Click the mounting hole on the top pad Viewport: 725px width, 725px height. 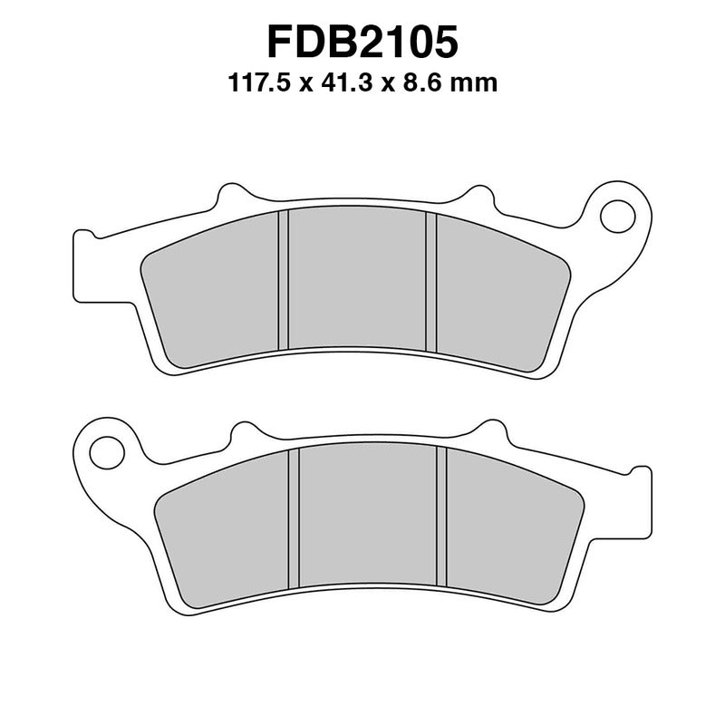click(619, 214)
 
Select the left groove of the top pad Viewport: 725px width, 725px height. click(283, 281)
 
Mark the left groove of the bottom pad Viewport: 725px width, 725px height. click(294, 518)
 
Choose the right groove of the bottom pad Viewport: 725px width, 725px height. click(441, 518)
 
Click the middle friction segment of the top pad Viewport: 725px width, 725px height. click(357, 281)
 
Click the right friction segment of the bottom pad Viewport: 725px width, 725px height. click(507, 535)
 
